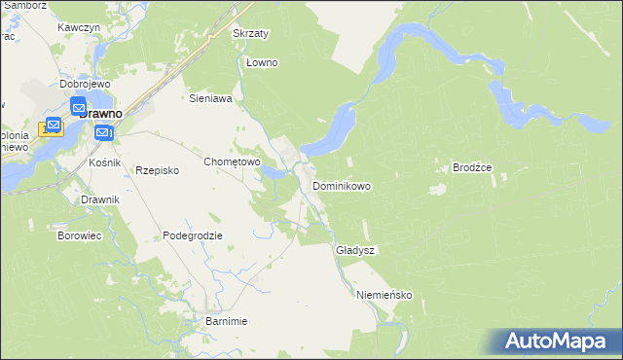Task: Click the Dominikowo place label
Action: pyautogui.click(x=341, y=185)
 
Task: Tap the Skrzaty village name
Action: pyautogui.click(x=250, y=33)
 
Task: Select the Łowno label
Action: pyautogui.click(x=262, y=63)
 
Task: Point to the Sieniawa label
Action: pyautogui.click(x=209, y=98)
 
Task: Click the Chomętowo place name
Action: pyautogui.click(x=231, y=162)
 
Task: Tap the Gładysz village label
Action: pyautogui.click(x=355, y=250)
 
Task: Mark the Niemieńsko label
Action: pyautogui.click(x=385, y=295)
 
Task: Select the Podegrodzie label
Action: pyautogui.click(x=193, y=235)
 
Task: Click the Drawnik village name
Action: pyautogui.click(x=100, y=199)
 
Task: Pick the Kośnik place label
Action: pyautogui.click(x=104, y=162)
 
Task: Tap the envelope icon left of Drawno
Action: pyautogui.click(x=52, y=127)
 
